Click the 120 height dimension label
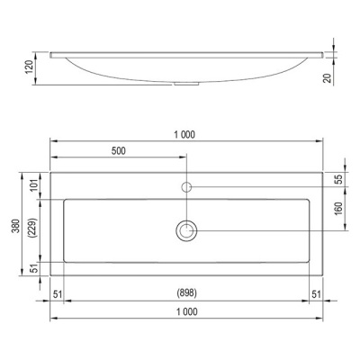coord(30,67)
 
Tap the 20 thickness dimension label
coord(328,77)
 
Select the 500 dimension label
coord(119,151)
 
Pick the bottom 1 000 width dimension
coord(187,312)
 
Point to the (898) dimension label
coord(187,292)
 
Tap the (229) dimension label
coord(32,228)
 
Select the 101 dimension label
coord(34,184)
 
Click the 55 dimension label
coord(338,179)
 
